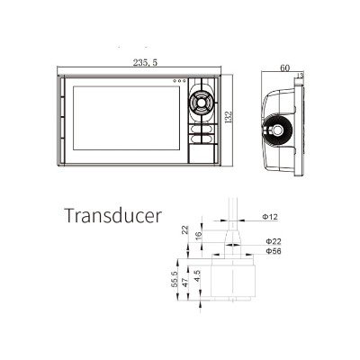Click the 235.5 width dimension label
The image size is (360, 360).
click(145, 62)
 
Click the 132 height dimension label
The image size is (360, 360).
click(229, 117)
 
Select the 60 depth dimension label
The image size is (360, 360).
click(285, 68)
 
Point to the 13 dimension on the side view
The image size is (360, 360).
click(300, 76)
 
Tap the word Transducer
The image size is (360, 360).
click(113, 215)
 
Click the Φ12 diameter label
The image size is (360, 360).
click(270, 217)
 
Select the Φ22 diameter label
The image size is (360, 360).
click(274, 241)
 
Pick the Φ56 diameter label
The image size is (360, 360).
click(274, 251)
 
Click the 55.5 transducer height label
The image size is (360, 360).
click(175, 279)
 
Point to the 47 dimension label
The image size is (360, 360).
click(185, 283)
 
